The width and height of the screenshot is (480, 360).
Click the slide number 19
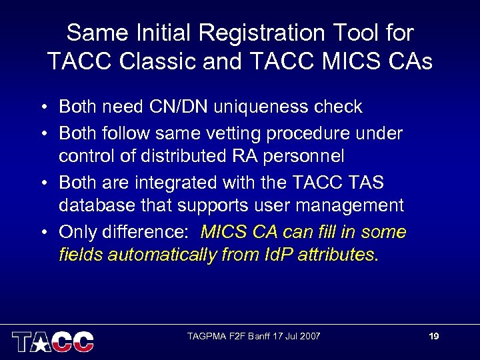433,336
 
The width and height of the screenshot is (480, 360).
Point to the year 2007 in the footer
309,336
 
